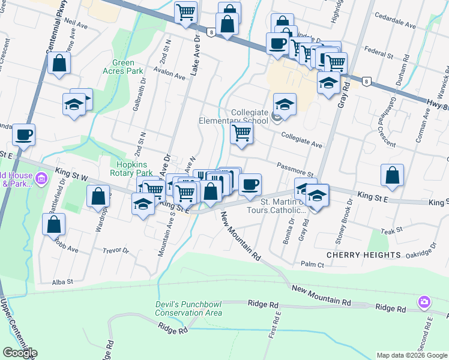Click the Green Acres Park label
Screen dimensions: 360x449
[127, 67]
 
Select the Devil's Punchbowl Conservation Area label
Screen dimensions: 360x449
[188, 308]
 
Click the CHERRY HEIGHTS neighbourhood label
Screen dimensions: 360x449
[363, 255]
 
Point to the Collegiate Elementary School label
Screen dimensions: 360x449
[234, 116]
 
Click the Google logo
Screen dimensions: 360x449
[20, 353]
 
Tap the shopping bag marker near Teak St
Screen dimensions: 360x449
[391, 175]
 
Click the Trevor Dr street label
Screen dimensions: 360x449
[116, 251]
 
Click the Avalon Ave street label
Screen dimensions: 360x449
[170, 76]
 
